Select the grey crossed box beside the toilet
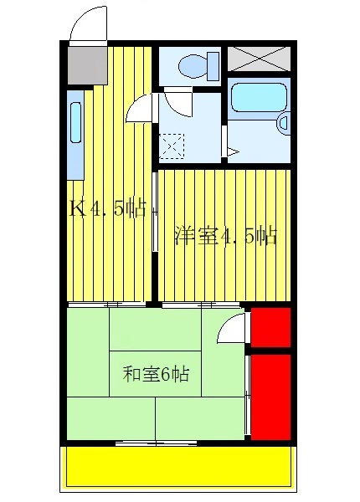(x=259, y=59)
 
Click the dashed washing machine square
(x=172, y=146)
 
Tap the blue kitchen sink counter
(x=75, y=139)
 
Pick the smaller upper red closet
(x=270, y=327)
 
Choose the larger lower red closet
(x=270, y=395)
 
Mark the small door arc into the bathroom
(x=231, y=151)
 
